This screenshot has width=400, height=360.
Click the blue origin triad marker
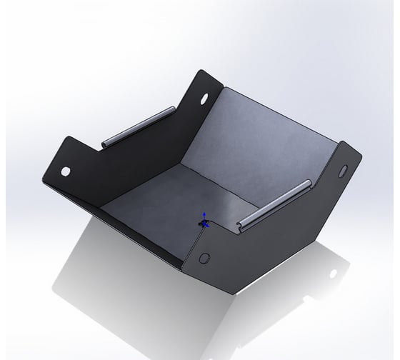pyautogui.click(x=204, y=222)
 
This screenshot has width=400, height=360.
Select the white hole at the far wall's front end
pyautogui.click(x=66, y=172)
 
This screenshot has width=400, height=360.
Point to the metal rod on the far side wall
pyautogui.click(x=136, y=126)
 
